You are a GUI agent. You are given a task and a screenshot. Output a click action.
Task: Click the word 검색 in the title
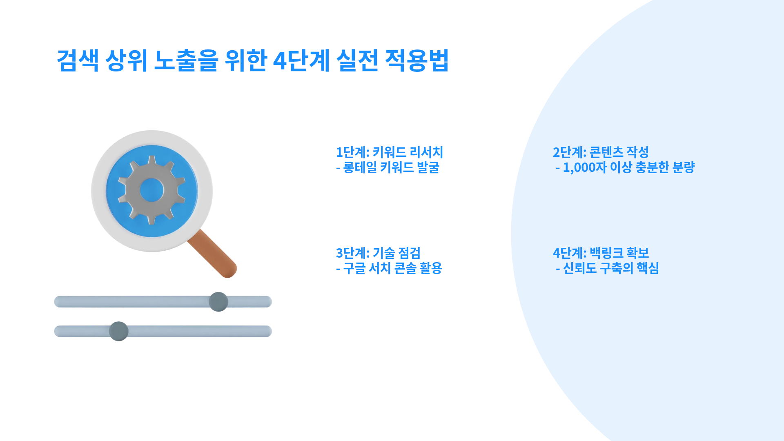[78, 60]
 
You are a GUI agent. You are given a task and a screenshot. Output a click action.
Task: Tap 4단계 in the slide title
[301, 60]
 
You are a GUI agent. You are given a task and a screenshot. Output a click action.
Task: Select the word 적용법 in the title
[417, 60]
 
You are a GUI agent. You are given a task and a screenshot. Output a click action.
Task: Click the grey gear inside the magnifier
[152, 190]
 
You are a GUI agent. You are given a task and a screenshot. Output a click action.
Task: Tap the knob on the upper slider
[218, 302]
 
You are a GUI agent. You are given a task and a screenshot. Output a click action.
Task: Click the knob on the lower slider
[119, 331]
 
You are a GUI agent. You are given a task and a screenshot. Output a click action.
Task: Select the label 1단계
[352, 152]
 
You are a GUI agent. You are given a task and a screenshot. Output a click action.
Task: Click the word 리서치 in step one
[426, 152]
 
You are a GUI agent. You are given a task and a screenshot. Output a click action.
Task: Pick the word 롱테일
[360, 167]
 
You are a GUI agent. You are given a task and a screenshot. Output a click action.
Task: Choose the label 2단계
[570, 152]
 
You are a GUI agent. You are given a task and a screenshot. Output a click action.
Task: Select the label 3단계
[352, 253]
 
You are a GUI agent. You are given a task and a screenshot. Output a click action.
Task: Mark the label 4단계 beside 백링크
[570, 253]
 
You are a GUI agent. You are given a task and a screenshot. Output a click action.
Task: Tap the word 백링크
[607, 253]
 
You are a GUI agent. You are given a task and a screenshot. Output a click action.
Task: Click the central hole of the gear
[152, 190]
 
